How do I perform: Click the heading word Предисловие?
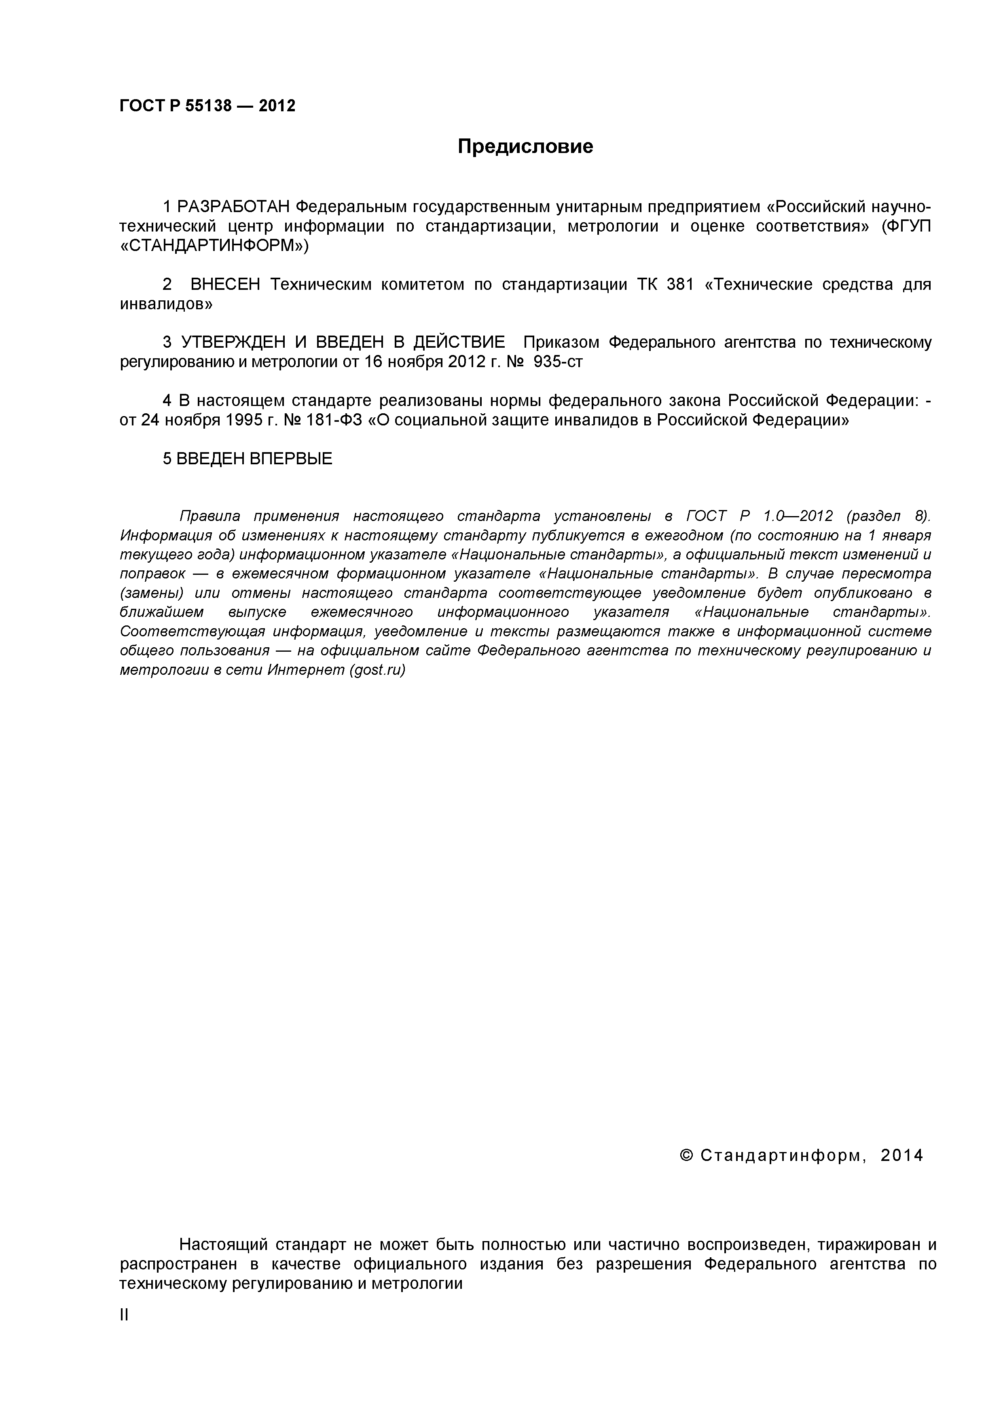(x=525, y=147)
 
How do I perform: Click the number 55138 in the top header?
(x=208, y=106)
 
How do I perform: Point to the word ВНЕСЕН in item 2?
(x=226, y=285)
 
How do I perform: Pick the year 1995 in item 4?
(x=234, y=420)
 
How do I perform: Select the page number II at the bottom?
(x=124, y=1315)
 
